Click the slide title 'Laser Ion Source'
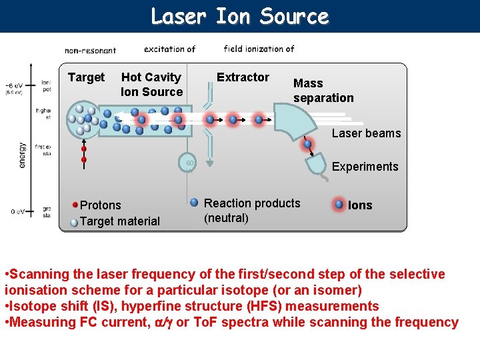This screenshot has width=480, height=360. (239, 16)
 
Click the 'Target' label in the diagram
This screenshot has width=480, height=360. (86, 77)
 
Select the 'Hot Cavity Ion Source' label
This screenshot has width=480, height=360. (151, 85)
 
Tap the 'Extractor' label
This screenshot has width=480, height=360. (243, 77)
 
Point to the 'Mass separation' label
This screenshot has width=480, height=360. (323, 91)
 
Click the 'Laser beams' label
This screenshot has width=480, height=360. (366, 133)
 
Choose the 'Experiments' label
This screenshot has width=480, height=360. (365, 167)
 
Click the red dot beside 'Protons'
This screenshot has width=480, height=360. (76, 205)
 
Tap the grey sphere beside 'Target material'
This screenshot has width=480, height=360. (74, 221)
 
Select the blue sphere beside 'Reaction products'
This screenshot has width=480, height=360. (194, 202)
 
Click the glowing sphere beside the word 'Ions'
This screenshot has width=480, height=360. (339, 204)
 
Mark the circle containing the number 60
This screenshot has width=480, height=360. (190, 163)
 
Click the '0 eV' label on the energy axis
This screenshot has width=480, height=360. (19, 212)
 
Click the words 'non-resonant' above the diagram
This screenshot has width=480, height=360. (90, 50)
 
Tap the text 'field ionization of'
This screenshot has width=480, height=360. (259, 49)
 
